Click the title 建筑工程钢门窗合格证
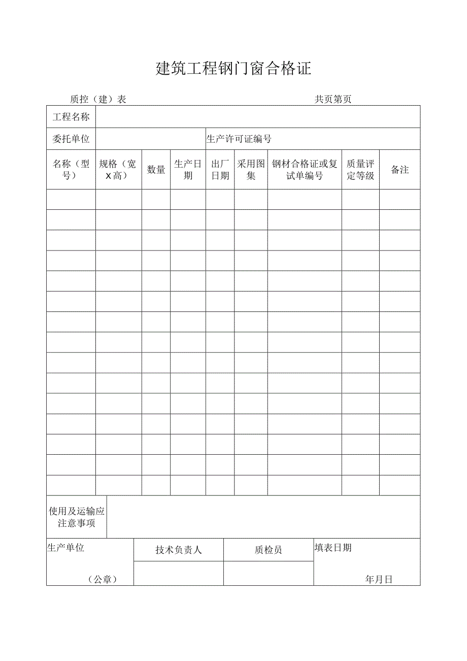pyautogui.click(x=233, y=69)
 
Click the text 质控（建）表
pyautogui.click(x=98, y=100)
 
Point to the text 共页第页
pyautogui.click(x=333, y=100)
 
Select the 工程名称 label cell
pyautogui.click(x=71, y=117)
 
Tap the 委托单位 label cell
pyautogui.click(x=71, y=139)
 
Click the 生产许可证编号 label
pyautogui.click(x=239, y=139)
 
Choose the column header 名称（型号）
pyautogui.click(x=71, y=170)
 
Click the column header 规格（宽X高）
pyautogui.click(x=118, y=170)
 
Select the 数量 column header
pyautogui.click(x=156, y=170)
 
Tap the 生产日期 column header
pyautogui.click(x=188, y=170)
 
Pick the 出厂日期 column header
pyautogui.click(x=220, y=170)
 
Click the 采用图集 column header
pyautogui.click(x=251, y=170)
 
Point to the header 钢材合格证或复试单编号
pyautogui.click(x=305, y=170)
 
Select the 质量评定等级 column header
pyautogui.click(x=360, y=170)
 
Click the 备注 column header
pyautogui.click(x=400, y=170)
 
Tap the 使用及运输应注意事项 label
pyautogui.click(x=77, y=517)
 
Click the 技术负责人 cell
pyautogui.click(x=179, y=550)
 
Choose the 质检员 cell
pyautogui.click(x=269, y=550)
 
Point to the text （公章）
pyautogui.click(x=103, y=580)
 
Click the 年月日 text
pyautogui.click(x=379, y=580)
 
